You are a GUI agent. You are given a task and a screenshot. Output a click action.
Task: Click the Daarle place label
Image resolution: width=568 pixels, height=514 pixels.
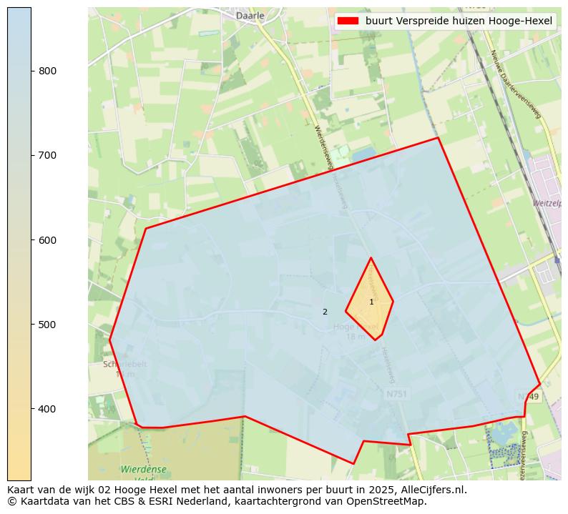pyautogui.click(x=250, y=15)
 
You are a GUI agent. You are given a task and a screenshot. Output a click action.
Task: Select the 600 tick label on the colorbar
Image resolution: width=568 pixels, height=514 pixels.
pyautogui.click(x=48, y=240)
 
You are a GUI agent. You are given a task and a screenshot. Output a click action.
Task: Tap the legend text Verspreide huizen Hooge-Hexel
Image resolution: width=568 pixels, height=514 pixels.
pyautogui.click(x=459, y=21)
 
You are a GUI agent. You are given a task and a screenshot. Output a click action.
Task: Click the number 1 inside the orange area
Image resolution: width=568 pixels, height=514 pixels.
pyautogui.click(x=371, y=302)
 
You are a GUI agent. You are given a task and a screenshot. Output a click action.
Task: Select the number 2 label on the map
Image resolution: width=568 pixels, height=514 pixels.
pyautogui.click(x=325, y=312)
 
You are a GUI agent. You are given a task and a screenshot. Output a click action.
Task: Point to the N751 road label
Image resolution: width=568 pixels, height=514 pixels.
pyautogui.click(x=396, y=395)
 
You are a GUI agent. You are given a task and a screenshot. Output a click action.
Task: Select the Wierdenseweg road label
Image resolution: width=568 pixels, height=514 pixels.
pyautogui.click(x=323, y=147)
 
